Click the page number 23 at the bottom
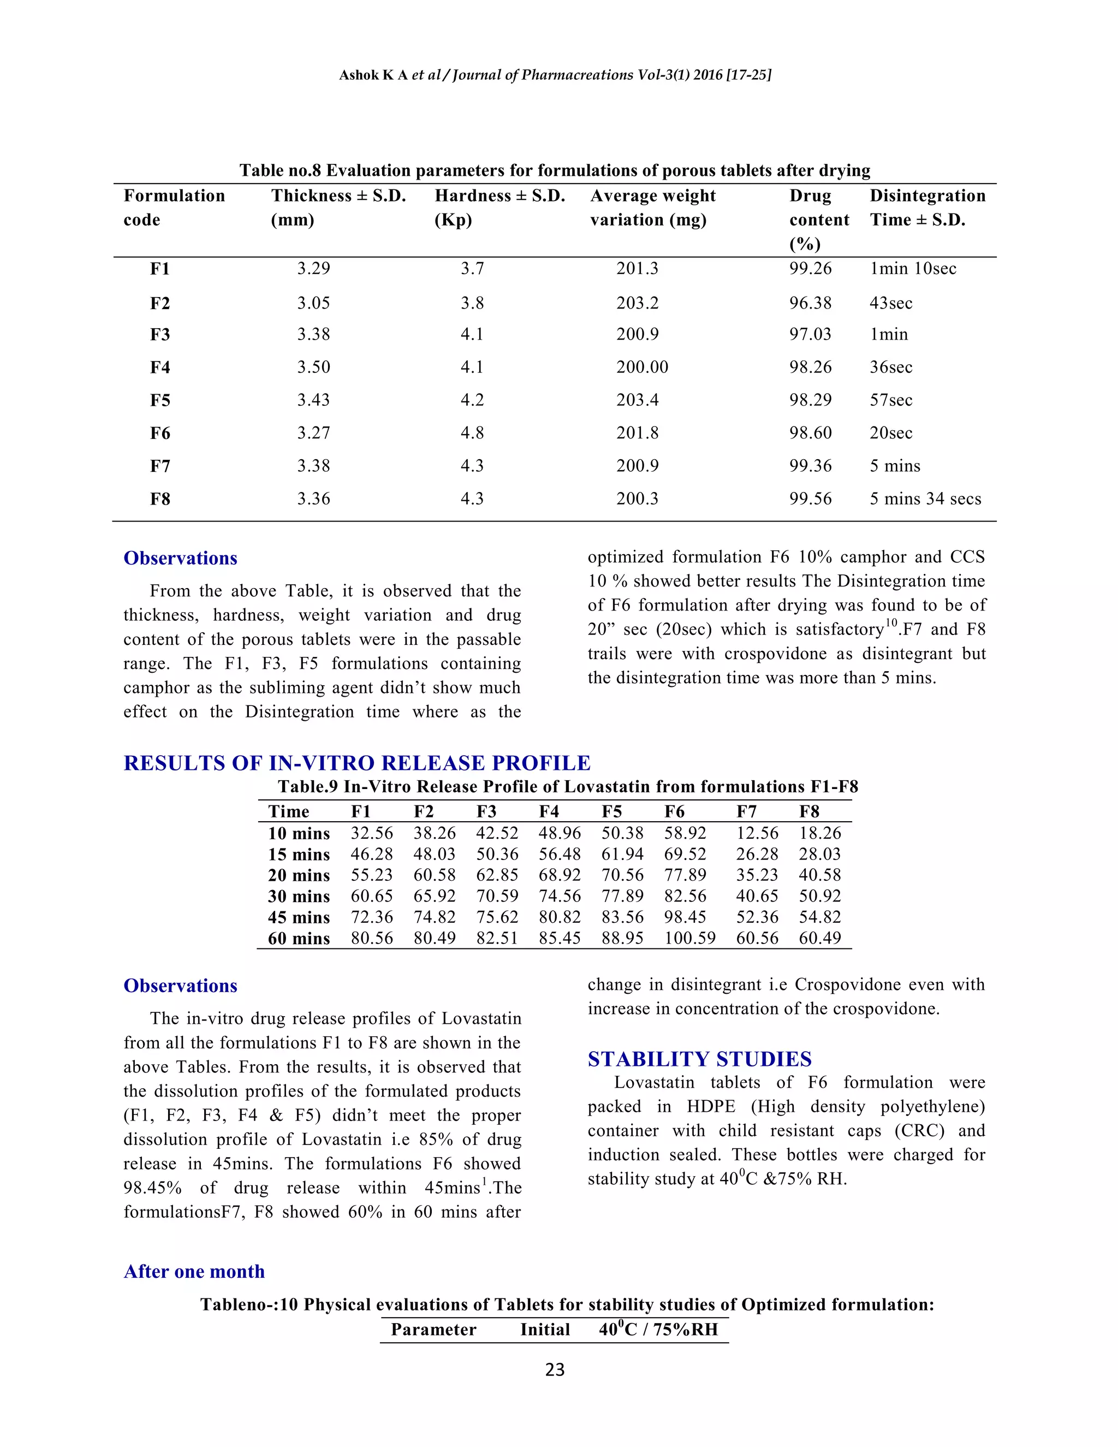(555, 1370)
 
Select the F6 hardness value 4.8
(472, 432)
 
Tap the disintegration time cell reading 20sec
(891, 432)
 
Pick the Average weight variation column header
(652, 207)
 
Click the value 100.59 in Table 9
(689, 938)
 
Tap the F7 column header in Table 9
(746, 811)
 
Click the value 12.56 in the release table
(757, 833)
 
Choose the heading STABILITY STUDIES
(699, 1059)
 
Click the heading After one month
(194, 1271)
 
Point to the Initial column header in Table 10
(544, 1330)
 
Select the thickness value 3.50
(313, 367)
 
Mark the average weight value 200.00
(642, 367)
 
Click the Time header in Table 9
(288, 811)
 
